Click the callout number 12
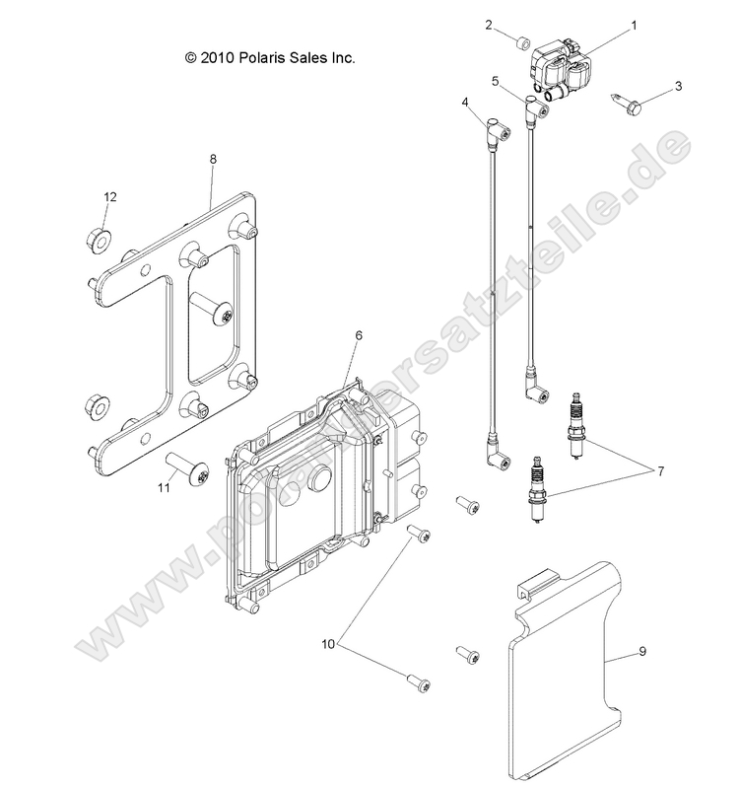tap(110, 197)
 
